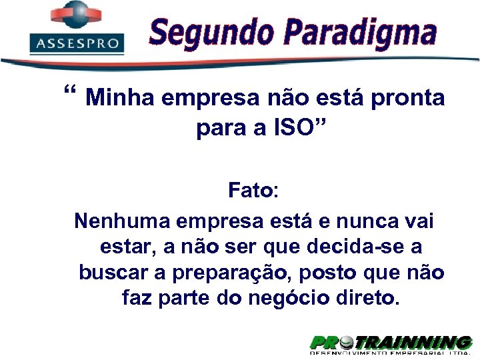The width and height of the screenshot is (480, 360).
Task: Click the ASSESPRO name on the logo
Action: [x=77, y=44]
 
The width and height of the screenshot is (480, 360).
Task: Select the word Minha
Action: [x=121, y=99]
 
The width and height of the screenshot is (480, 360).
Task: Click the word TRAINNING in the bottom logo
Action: [x=413, y=343]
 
